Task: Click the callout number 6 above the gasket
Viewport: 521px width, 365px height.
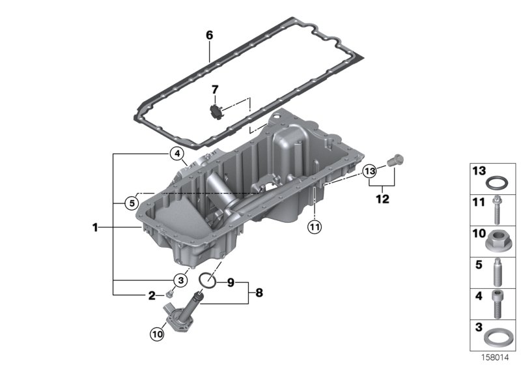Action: pos(209,35)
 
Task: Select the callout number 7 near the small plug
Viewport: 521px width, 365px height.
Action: pos(215,90)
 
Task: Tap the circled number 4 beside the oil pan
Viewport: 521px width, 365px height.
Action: pos(177,154)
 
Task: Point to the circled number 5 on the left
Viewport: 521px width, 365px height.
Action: pos(132,203)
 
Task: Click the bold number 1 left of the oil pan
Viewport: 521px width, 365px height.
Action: pos(95,227)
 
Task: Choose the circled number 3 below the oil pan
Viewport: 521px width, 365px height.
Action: pos(181,280)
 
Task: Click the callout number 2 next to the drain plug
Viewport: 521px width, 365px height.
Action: pos(152,295)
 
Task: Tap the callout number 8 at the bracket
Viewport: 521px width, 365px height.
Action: pos(259,293)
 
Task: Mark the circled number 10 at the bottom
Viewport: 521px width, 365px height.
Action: pos(157,334)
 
